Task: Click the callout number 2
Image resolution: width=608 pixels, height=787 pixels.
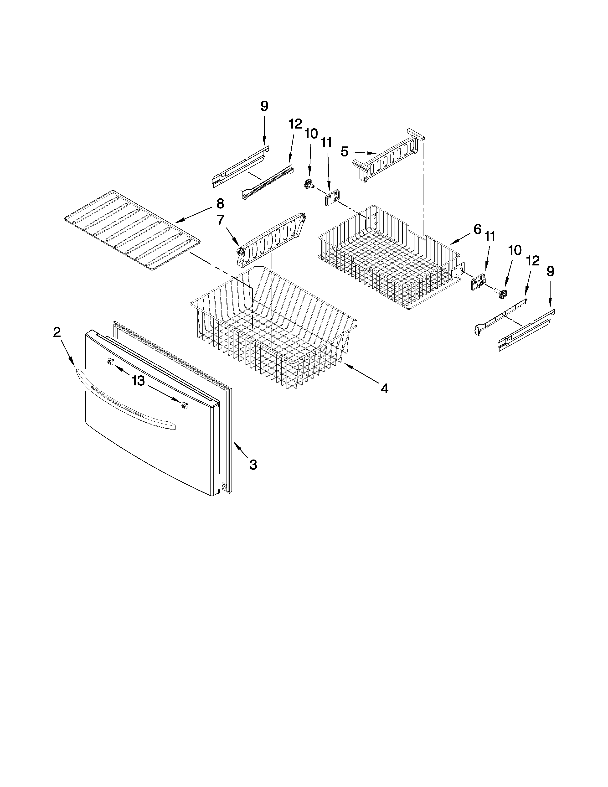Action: (57, 332)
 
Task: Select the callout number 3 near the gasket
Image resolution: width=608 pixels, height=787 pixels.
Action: (253, 465)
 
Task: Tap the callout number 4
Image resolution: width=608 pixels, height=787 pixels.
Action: (385, 388)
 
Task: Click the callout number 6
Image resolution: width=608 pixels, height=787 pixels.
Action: (477, 229)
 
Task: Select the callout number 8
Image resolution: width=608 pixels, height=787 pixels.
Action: (220, 204)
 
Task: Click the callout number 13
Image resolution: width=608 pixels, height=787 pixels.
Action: (138, 381)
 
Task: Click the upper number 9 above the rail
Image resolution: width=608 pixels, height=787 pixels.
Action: (264, 106)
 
